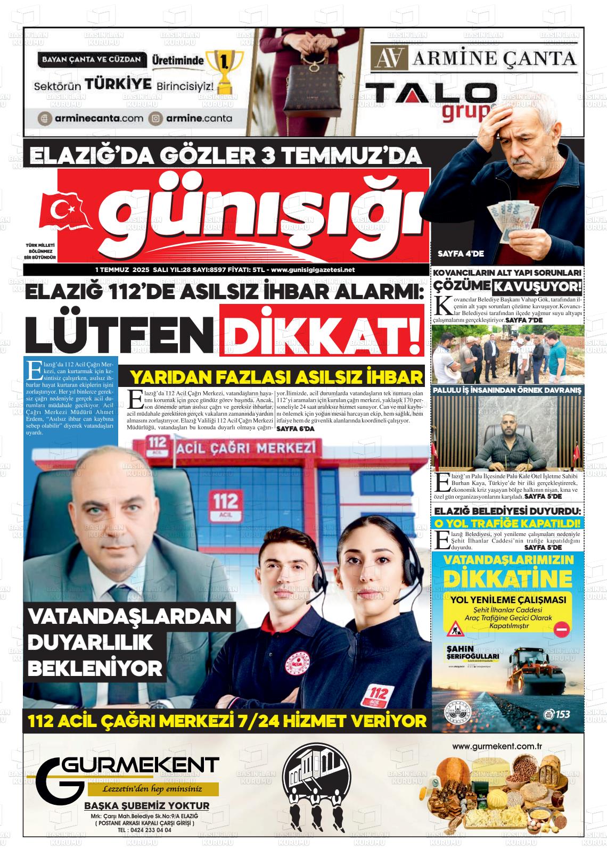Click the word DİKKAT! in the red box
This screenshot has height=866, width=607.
coord(325,335)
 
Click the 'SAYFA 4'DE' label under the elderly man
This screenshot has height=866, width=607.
coord(461,254)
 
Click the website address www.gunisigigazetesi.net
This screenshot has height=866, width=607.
coord(313,270)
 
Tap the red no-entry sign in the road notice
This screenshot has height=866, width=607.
coord(561,630)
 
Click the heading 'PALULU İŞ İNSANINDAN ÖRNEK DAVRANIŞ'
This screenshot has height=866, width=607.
coord(507,390)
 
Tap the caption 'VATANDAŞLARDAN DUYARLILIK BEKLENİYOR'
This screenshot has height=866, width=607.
coord(129,642)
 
